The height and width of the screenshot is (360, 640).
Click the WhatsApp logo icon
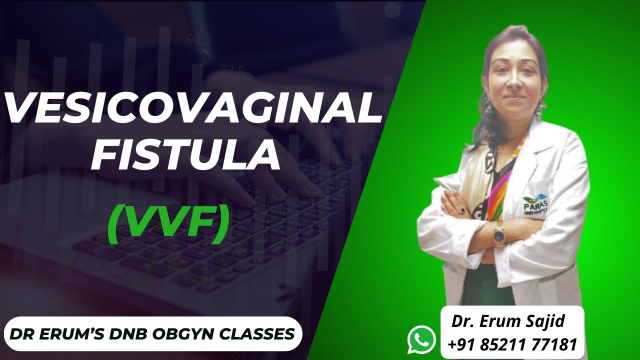point(421,339)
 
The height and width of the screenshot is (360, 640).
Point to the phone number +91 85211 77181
point(512,344)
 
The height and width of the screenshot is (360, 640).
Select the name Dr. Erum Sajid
point(508,321)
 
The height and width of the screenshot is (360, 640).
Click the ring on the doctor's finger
point(462,210)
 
